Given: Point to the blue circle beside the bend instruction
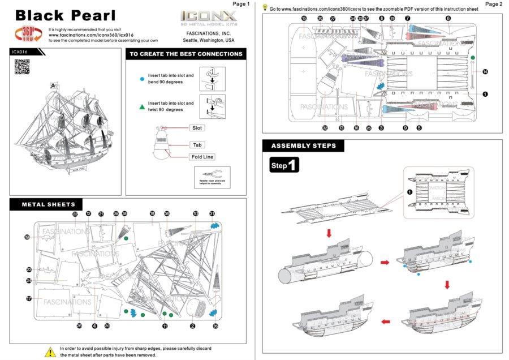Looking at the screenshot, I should pyautogui.click(x=141, y=78).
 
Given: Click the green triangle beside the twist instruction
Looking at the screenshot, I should pyautogui.click(x=141, y=106).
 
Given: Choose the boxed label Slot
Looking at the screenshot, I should pyautogui.click(x=197, y=128).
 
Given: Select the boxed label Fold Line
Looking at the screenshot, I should pyautogui.click(x=202, y=157).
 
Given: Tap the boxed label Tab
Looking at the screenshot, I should pyautogui.click(x=197, y=145).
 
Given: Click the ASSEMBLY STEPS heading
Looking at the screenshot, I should pyautogui.click(x=303, y=145).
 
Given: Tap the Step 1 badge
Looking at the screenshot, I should pyautogui.click(x=284, y=165).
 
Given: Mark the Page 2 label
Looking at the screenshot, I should pyautogui.click(x=493, y=4).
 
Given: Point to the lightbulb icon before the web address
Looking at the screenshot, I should pyautogui.click(x=265, y=8).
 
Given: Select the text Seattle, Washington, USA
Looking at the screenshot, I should pyautogui.click(x=208, y=41).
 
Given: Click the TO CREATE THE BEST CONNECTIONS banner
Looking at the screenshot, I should pyautogui.click(x=186, y=54).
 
